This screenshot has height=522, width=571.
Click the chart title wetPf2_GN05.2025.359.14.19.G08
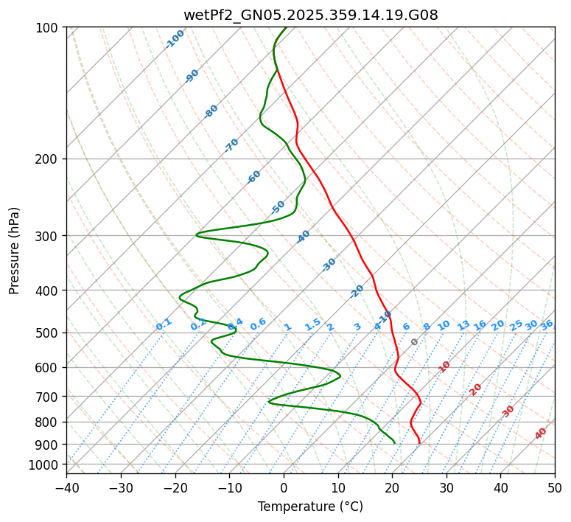[x=310, y=15]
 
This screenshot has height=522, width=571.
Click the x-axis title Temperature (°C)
[x=310, y=507]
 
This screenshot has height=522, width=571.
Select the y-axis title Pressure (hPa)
[x=15, y=250]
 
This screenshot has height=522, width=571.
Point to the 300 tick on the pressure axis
[x=50, y=236]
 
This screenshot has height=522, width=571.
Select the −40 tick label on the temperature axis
[x=66, y=487]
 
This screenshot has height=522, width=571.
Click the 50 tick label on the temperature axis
[x=555, y=487]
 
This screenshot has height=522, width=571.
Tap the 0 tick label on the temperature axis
[x=284, y=487]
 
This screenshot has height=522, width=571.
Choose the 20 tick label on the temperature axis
[x=392, y=487]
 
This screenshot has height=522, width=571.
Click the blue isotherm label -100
[x=175, y=38]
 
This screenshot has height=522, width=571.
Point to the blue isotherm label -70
[x=231, y=145]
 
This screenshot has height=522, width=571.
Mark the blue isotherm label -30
[x=329, y=265]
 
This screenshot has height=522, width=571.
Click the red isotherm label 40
[x=541, y=434]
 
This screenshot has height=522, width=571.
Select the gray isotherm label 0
[x=415, y=342]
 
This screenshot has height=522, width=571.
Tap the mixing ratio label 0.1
[x=164, y=324]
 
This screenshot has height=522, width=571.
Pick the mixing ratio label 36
[x=547, y=324]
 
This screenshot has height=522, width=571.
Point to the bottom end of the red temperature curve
[x=419, y=443]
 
